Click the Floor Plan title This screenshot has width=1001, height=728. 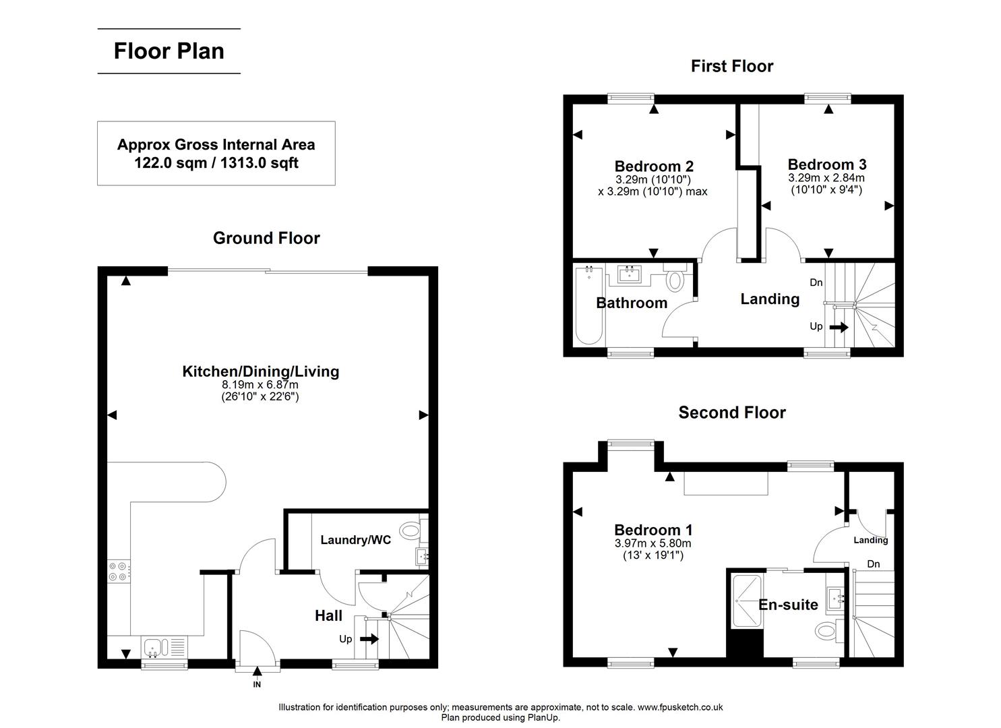click(x=169, y=51)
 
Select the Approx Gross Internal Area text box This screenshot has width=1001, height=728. click(x=216, y=154)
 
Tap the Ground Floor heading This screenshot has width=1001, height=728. click(x=266, y=238)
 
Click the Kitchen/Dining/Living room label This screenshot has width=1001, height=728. click(x=260, y=371)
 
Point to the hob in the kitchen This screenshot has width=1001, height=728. click(x=119, y=571)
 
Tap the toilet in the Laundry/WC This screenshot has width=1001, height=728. click(x=409, y=530)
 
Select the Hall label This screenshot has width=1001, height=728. click(x=328, y=615)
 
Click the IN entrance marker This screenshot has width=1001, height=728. click(x=257, y=684)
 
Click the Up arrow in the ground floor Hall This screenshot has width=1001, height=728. click(x=369, y=638)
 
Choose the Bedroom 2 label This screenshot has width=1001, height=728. click(x=653, y=166)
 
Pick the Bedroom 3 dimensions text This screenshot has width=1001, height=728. click(x=826, y=184)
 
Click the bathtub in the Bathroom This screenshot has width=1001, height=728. click(x=589, y=305)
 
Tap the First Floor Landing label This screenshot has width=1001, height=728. click(x=770, y=299)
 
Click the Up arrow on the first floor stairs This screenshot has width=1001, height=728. click(x=839, y=327)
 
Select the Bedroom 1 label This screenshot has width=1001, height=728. click(x=653, y=530)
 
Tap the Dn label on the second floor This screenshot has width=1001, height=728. click(x=873, y=564)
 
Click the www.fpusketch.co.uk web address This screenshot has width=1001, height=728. click(x=679, y=707)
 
